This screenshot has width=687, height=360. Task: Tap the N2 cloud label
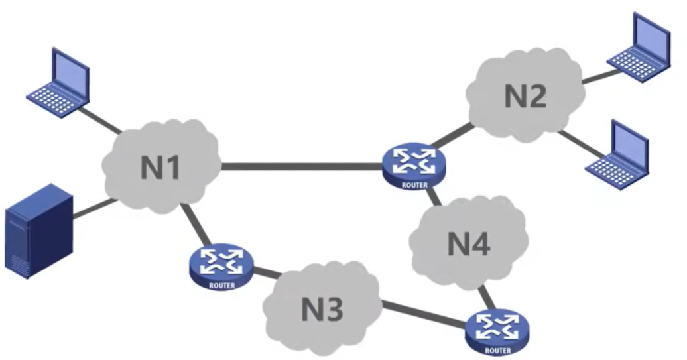click(x=526, y=96)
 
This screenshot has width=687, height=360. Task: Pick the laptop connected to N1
click(x=59, y=83)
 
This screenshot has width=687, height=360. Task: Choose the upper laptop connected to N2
click(x=641, y=48)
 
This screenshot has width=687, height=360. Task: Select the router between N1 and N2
click(x=414, y=166)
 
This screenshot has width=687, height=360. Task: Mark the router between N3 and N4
click(x=497, y=330)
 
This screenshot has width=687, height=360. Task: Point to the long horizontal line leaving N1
click(x=302, y=166)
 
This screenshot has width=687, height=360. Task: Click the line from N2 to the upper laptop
click(x=595, y=76)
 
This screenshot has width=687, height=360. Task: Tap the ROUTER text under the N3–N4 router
click(x=497, y=350)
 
